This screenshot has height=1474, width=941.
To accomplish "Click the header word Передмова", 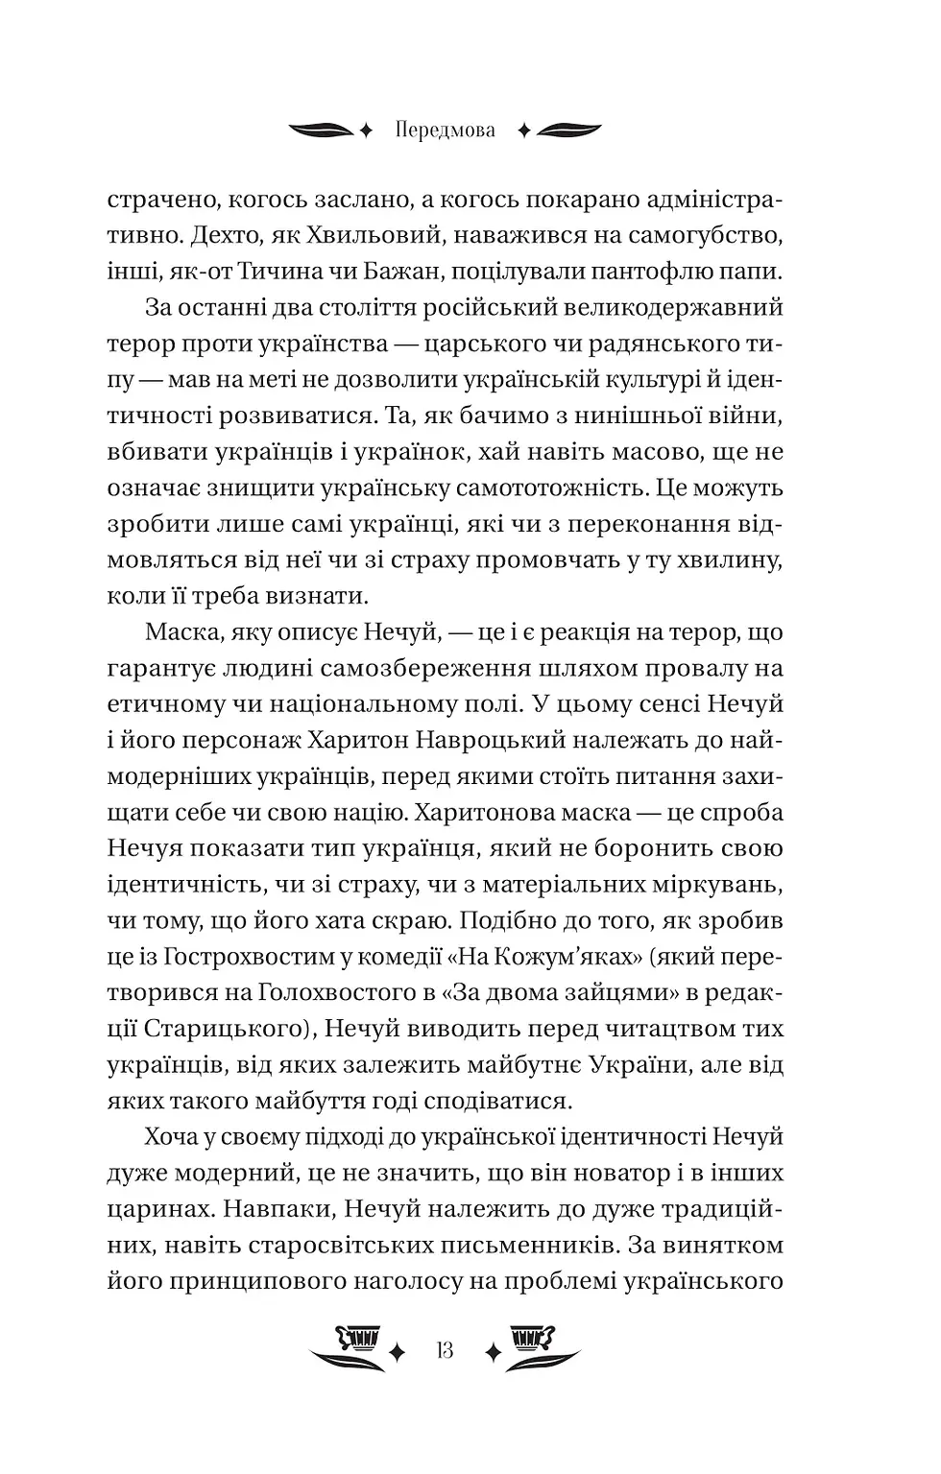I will click(445, 131).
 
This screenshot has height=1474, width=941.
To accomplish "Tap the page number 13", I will click(444, 1350).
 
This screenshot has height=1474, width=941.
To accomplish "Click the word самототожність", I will click(538, 487).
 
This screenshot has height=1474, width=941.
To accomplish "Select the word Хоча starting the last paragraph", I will click(171, 1136).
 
